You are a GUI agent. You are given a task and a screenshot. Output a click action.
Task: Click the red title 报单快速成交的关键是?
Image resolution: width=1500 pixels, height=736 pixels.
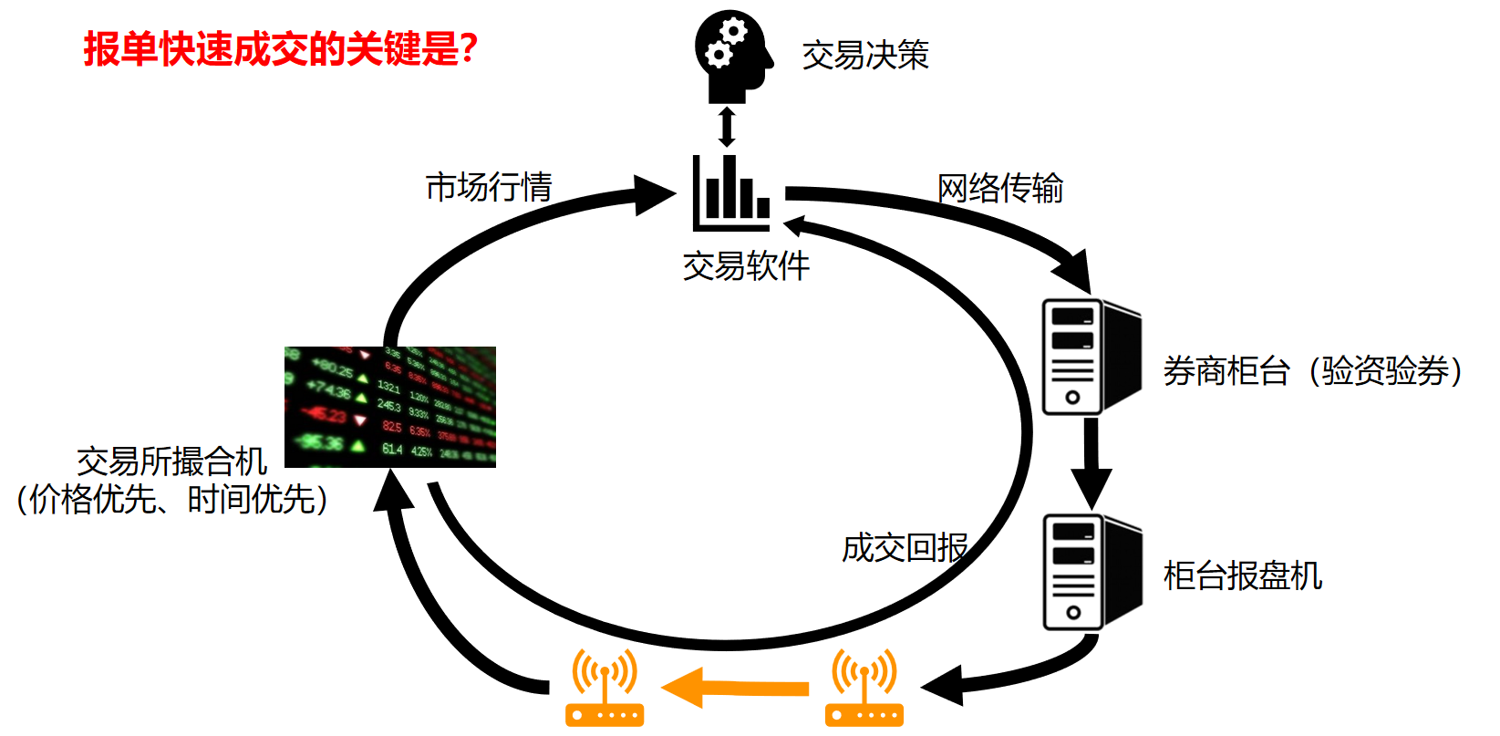(281, 48)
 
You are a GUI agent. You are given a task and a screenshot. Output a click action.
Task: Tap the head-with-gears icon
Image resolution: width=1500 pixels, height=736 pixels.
(731, 57)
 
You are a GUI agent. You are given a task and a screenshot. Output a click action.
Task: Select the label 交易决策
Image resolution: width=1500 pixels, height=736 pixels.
(865, 56)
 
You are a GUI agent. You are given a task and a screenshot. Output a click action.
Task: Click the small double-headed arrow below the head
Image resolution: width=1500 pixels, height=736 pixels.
(727, 127)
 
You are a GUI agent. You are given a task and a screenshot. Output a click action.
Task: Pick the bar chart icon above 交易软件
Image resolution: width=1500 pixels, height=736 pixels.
(730, 192)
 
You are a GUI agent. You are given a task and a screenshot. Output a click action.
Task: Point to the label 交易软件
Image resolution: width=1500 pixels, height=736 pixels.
(746, 266)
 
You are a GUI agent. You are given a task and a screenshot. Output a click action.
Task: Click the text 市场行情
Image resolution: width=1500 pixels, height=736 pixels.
(489, 187)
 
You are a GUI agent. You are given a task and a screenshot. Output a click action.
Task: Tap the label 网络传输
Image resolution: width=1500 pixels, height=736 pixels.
(1000, 189)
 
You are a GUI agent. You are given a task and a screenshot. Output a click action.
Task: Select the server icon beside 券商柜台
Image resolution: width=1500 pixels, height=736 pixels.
(1091, 357)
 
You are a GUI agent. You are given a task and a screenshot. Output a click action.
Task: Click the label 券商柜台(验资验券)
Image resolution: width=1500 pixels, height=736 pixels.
(1312, 371)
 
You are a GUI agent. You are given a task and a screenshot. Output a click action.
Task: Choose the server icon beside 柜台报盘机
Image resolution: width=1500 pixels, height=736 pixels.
(1091, 572)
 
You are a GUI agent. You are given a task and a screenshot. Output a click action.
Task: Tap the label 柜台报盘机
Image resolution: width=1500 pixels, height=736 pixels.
(1243, 576)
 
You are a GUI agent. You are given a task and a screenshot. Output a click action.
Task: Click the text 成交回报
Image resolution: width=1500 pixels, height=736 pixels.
(905, 548)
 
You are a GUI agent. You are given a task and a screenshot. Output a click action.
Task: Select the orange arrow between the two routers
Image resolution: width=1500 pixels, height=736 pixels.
(735, 688)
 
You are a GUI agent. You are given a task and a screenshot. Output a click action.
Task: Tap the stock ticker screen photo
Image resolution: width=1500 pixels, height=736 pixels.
(390, 407)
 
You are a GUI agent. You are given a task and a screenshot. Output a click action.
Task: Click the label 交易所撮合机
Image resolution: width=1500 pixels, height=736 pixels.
(171, 461)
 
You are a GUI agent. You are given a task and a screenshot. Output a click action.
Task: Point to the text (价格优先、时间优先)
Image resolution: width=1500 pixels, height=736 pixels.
(171, 500)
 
